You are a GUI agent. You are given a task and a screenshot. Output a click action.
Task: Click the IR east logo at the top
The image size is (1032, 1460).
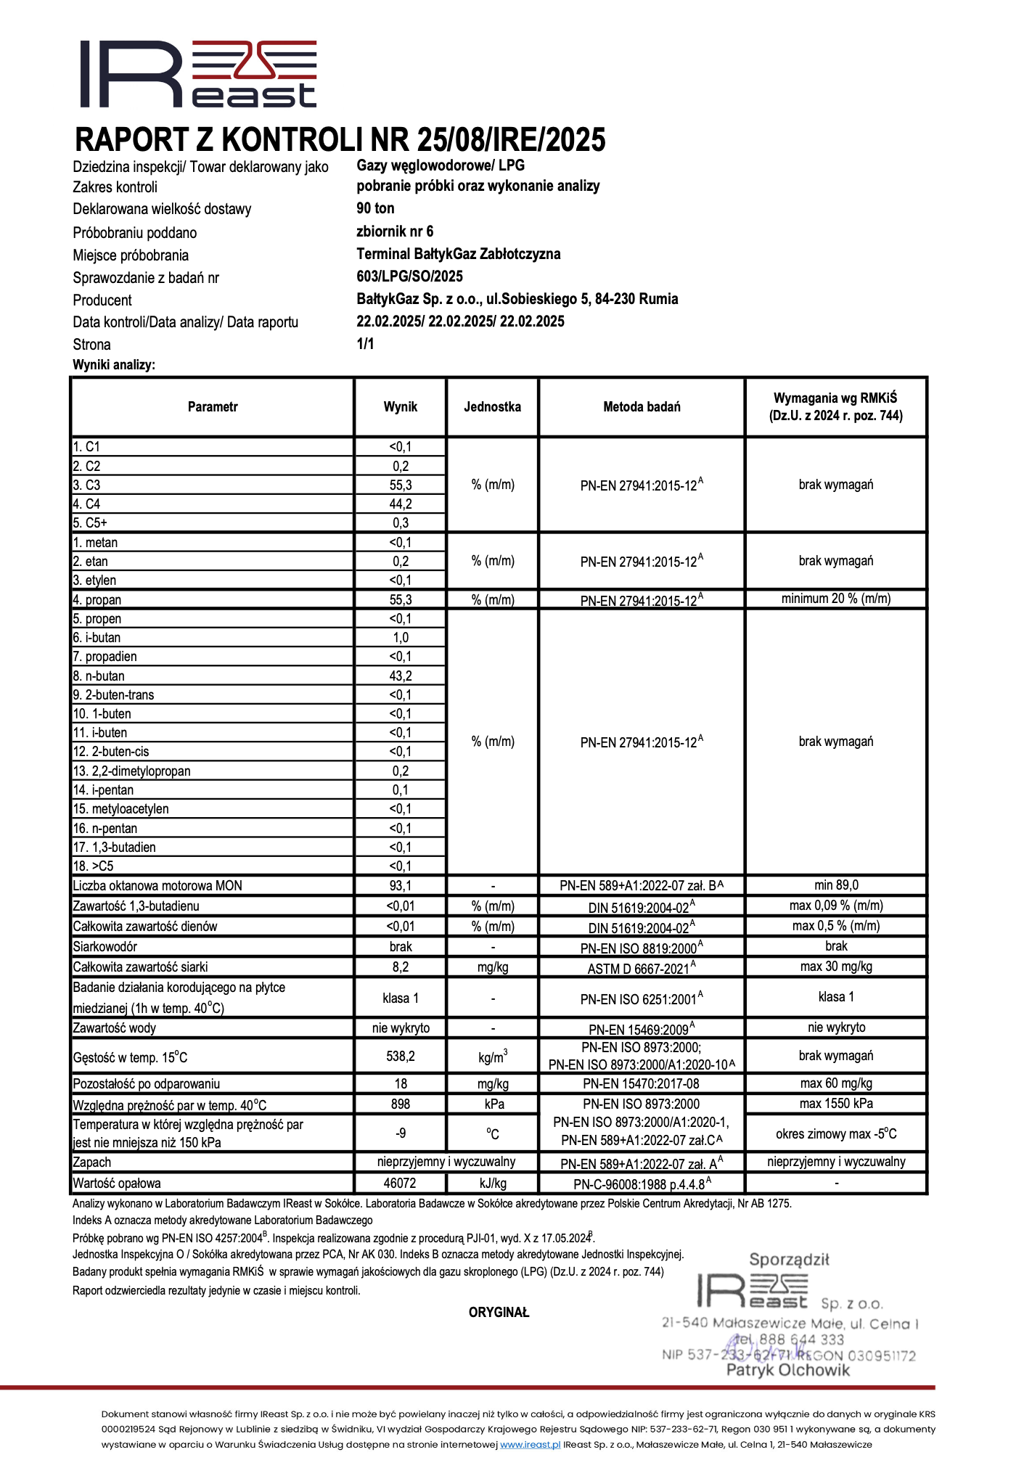click(198, 74)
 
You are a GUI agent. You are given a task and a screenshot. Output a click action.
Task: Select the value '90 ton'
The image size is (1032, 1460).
click(375, 208)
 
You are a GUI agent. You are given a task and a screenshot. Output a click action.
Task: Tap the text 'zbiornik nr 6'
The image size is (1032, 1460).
click(395, 231)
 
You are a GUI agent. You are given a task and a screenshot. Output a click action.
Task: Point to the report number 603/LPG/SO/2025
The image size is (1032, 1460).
click(409, 276)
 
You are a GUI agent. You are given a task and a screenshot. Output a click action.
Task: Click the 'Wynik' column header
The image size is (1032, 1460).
click(401, 407)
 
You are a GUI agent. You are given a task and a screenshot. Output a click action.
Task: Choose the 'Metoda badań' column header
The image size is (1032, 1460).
click(642, 407)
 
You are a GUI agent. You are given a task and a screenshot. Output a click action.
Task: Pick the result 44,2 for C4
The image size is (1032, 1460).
click(401, 504)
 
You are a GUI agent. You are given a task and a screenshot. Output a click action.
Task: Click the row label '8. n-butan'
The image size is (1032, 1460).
click(99, 676)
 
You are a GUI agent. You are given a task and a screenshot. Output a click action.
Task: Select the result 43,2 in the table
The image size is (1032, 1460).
click(401, 676)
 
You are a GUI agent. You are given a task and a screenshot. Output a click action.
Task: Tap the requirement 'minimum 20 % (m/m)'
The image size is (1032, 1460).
click(836, 599)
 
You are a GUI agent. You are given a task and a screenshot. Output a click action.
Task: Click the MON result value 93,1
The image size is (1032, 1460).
click(401, 886)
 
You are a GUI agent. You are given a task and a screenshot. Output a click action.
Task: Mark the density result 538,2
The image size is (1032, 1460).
click(401, 1057)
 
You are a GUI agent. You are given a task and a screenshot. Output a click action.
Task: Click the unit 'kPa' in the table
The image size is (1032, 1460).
click(494, 1104)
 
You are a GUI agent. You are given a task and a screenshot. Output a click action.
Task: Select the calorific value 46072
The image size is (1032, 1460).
click(401, 1184)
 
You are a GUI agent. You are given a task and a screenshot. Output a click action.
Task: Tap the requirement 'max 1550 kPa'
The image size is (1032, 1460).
click(836, 1104)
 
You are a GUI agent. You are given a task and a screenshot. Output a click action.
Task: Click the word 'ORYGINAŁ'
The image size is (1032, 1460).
click(499, 1313)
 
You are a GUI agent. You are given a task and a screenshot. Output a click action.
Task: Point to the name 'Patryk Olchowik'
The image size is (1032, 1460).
click(788, 1371)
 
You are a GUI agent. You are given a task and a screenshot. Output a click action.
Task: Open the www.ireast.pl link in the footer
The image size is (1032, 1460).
click(531, 1445)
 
